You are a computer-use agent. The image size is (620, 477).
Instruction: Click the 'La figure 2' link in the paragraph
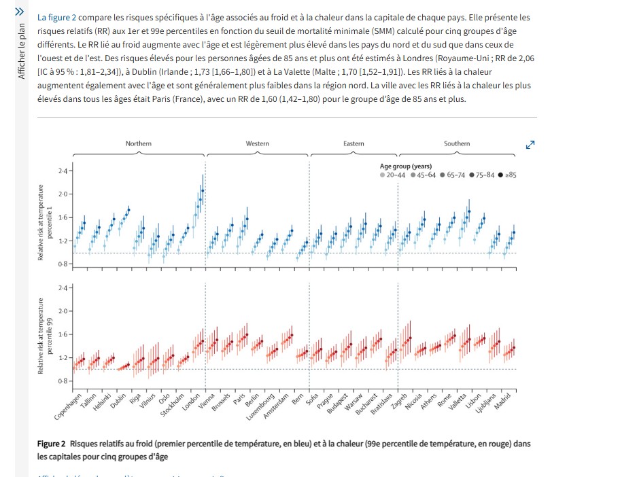pyautogui.click(x=56, y=18)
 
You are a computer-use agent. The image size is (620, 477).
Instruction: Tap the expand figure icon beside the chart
pyautogui.click(x=530, y=145)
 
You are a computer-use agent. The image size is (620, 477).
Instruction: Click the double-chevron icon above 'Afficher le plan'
pyautogui.click(x=19, y=12)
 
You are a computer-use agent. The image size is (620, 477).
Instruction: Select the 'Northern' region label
pyautogui.click(x=139, y=143)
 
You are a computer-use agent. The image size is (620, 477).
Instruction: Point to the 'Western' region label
pyautogui.click(x=258, y=143)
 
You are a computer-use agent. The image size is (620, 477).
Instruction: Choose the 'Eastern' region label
pyautogui.click(x=354, y=143)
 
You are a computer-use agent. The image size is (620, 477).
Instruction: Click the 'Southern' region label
pyautogui.click(x=457, y=143)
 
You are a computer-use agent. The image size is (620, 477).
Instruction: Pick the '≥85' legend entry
pyautogui.click(x=507, y=175)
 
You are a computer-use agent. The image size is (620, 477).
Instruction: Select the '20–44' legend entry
pyautogui.click(x=393, y=175)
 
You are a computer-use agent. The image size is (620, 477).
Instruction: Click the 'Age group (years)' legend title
pyautogui.click(x=406, y=166)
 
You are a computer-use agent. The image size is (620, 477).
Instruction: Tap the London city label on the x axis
pyautogui.click(x=191, y=402)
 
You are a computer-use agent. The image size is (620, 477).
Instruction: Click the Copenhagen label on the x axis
pyautogui.click(x=67, y=406)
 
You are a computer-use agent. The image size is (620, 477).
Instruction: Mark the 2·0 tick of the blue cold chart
pyautogui.click(x=63, y=194)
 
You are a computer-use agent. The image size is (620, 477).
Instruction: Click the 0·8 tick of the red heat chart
pyautogui.click(x=63, y=381)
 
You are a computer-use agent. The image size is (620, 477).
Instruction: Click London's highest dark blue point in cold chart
pyautogui.click(x=203, y=190)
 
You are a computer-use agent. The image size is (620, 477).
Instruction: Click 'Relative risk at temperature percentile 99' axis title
pyautogui.click(x=44, y=336)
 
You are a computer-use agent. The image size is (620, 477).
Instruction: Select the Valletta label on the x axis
pyautogui.click(x=458, y=402)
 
